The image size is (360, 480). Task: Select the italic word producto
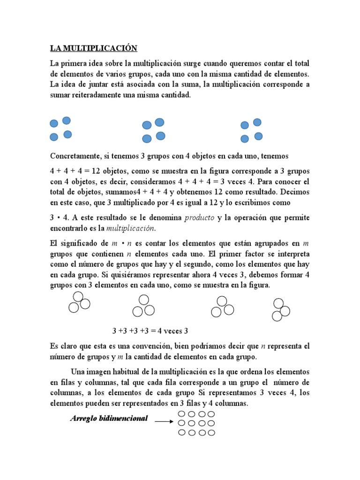pos(200,218)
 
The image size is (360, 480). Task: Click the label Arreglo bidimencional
pos(109,418)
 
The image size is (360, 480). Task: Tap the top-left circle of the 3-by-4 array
pos(182,414)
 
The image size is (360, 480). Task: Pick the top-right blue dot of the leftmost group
pos(67,120)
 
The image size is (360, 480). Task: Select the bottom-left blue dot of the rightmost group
pos(244,139)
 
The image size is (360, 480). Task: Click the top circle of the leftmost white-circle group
pos(79,296)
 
